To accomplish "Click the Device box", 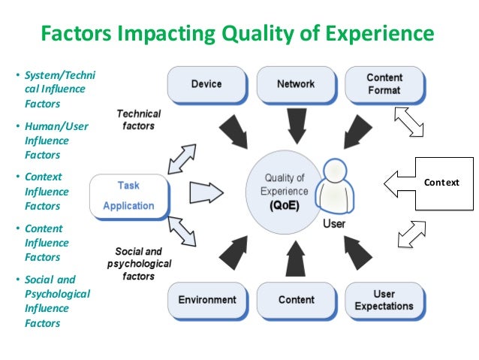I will pos(206,84).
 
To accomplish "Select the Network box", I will pos(296,84).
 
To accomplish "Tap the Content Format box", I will pos(384,84).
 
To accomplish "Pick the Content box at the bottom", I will pos(296,300).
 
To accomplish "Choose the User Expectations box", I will pos(384,300).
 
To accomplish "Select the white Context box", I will pos(445,183).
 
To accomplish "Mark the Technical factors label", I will pos(139,119).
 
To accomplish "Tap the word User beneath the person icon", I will pos(333,224).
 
